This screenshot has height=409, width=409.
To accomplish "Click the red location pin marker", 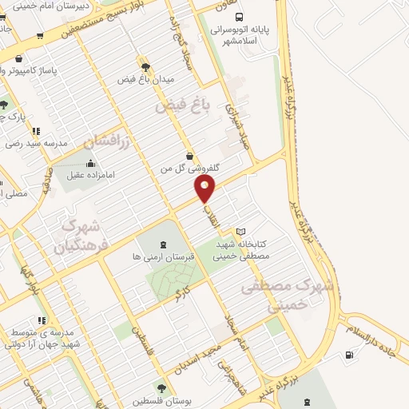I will pos(205,189).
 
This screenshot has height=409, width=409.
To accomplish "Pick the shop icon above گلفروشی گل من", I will pos(189,156).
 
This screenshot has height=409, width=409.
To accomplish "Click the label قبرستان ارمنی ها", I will pos(163,258).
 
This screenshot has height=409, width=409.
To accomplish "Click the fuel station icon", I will pos(348,355).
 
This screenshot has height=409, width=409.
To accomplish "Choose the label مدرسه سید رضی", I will pos(34,144).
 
